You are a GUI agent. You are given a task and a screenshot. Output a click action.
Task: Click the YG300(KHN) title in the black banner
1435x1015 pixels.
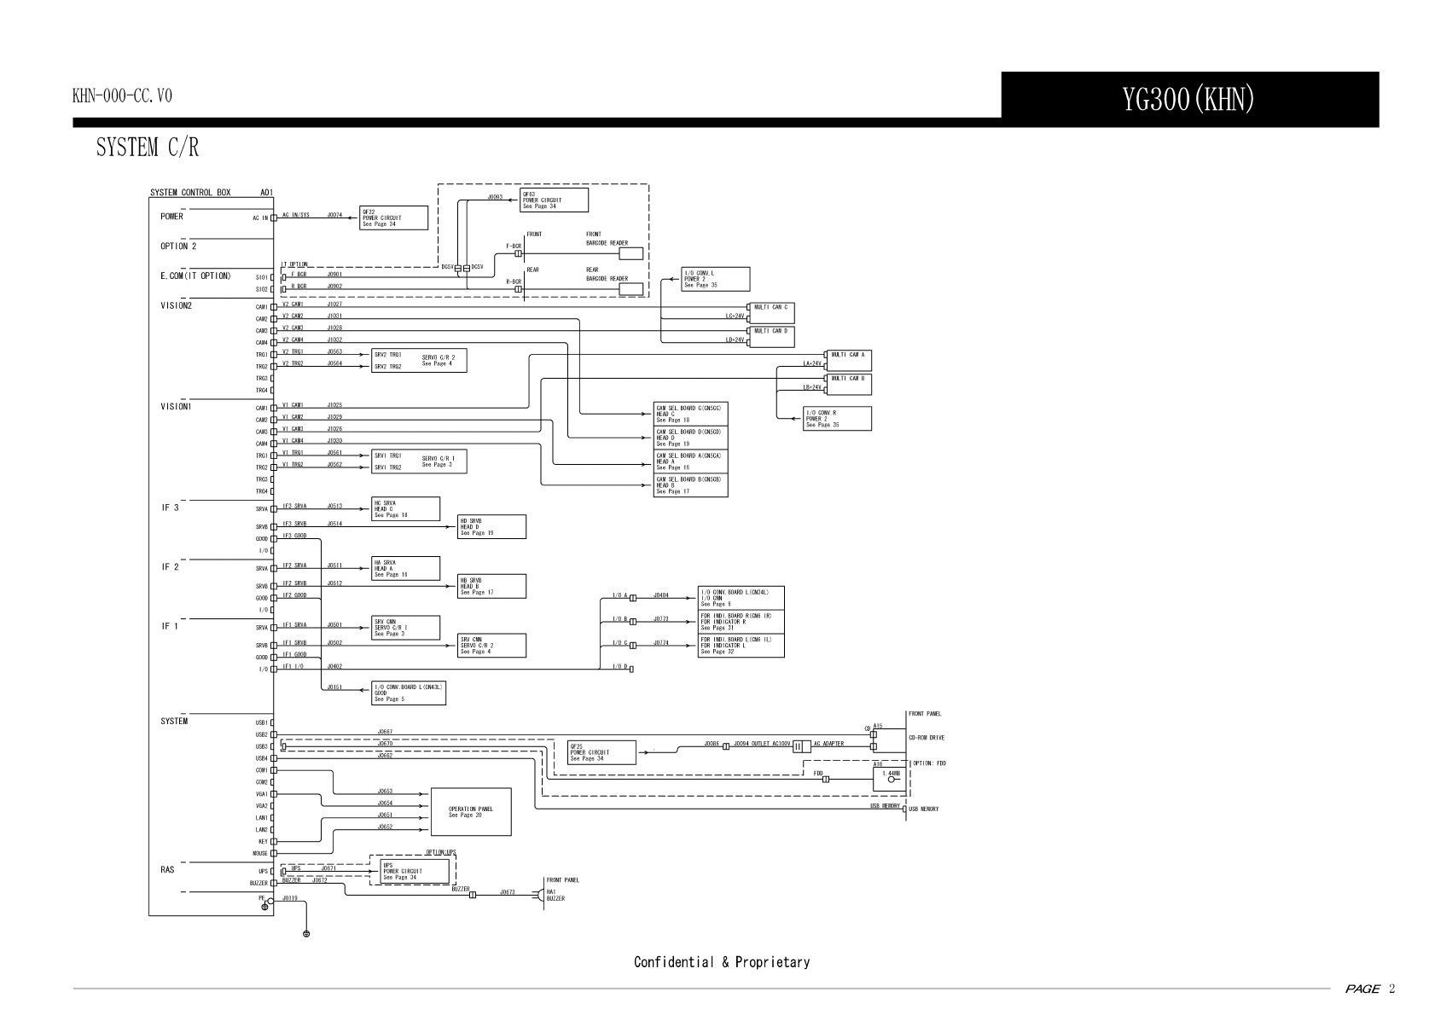[1188, 101]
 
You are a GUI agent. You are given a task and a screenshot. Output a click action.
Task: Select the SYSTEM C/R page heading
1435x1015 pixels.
[147, 148]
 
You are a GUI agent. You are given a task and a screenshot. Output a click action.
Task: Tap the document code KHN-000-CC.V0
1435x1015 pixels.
[122, 96]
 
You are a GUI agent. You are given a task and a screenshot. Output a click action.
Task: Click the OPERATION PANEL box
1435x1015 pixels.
[471, 811]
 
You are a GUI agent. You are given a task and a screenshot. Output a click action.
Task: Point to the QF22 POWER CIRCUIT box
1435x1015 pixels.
[393, 217]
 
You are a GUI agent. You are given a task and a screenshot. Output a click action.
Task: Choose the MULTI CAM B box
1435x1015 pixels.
[850, 383]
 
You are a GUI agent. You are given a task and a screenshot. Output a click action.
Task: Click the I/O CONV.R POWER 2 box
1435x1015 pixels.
[837, 419]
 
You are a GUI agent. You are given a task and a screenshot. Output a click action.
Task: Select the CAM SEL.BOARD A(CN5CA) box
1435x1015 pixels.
[690, 461]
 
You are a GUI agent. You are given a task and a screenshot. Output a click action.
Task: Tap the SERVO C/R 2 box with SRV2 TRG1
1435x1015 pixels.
[419, 360]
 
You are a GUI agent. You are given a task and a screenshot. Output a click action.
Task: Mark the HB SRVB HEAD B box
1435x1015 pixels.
[491, 586]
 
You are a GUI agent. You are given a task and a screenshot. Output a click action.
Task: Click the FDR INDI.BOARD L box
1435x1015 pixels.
[741, 646]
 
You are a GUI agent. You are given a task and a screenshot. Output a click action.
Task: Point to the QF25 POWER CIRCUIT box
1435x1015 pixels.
[601, 752]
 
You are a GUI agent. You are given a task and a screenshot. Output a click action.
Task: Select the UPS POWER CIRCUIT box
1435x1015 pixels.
[414, 871]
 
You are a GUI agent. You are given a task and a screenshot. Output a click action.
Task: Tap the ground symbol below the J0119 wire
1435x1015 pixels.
[306, 934]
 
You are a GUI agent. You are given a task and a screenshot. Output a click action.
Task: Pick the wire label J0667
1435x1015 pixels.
[385, 731]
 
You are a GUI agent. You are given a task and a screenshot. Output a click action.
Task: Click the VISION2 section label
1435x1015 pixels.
[177, 304]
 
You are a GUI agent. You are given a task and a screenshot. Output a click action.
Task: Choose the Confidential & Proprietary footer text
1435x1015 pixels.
[721, 962]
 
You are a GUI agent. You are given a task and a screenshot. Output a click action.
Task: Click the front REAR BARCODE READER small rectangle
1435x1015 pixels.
[630, 288]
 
